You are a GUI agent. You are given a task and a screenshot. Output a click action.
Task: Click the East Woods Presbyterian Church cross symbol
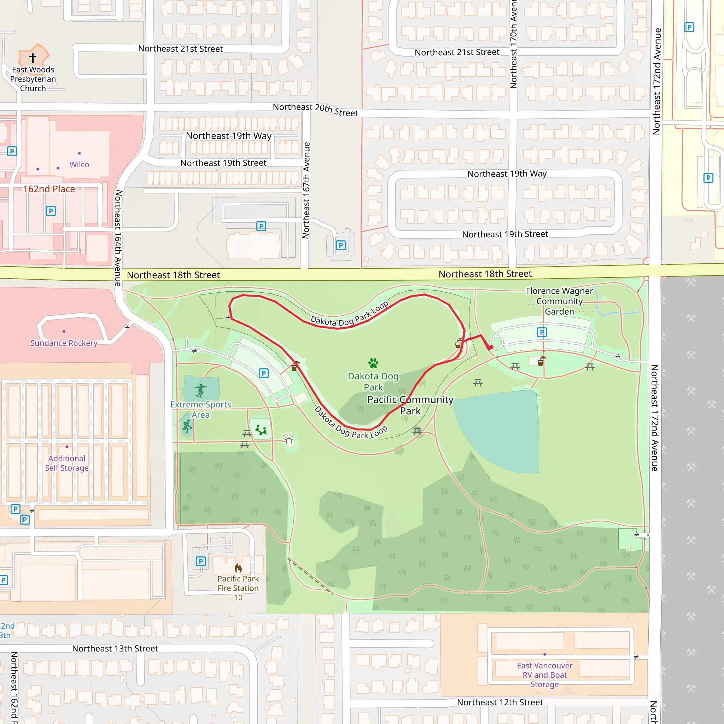pyautogui.click(x=33, y=58)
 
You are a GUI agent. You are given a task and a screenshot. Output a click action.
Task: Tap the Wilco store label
pyautogui.click(x=79, y=164)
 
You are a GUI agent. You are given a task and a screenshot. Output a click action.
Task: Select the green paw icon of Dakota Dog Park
pyautogui.click(x=373, y=363)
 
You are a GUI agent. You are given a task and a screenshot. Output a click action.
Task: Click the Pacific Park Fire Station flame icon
pyautogui.click(x=238, y=568)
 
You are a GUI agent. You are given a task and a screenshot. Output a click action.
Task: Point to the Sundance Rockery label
pyautogui.click(x=64, y=343)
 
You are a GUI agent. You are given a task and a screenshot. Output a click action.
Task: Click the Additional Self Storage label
pyautogui.click(x=67, y=463)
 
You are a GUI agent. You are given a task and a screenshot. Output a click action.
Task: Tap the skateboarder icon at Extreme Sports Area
pyautogui.click(x=201, y=391)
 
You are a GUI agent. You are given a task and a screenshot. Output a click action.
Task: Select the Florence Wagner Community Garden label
pyautogui.click(x=559, y=301)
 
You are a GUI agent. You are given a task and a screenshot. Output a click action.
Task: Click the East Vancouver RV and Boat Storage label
pyautogui.click(x=544, y=675)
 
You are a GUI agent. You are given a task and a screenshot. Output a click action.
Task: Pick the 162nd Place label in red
pyautogui.click(x=49, y=189)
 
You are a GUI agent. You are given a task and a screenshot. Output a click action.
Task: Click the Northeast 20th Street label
pyautogui.click(x=315, y=110)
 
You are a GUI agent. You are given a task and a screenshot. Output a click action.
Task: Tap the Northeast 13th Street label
pyautogui.click(x=115, y=648)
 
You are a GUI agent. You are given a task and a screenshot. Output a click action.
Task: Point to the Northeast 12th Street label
pyautogui.click(x=500, y=702)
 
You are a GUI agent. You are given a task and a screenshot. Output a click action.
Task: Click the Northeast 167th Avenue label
pyautogui.click(x=306, y=191)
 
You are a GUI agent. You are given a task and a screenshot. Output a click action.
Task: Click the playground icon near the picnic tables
pyautogui.click(x=261, y=430)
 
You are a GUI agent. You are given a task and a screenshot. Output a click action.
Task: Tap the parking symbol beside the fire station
pyautogui.click(x=201, y=561)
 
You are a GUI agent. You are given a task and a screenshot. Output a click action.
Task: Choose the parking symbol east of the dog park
pyautogui.click(x=542, y=332)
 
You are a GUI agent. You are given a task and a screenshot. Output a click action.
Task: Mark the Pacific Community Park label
pyautogui.click(x=410, y=405)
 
